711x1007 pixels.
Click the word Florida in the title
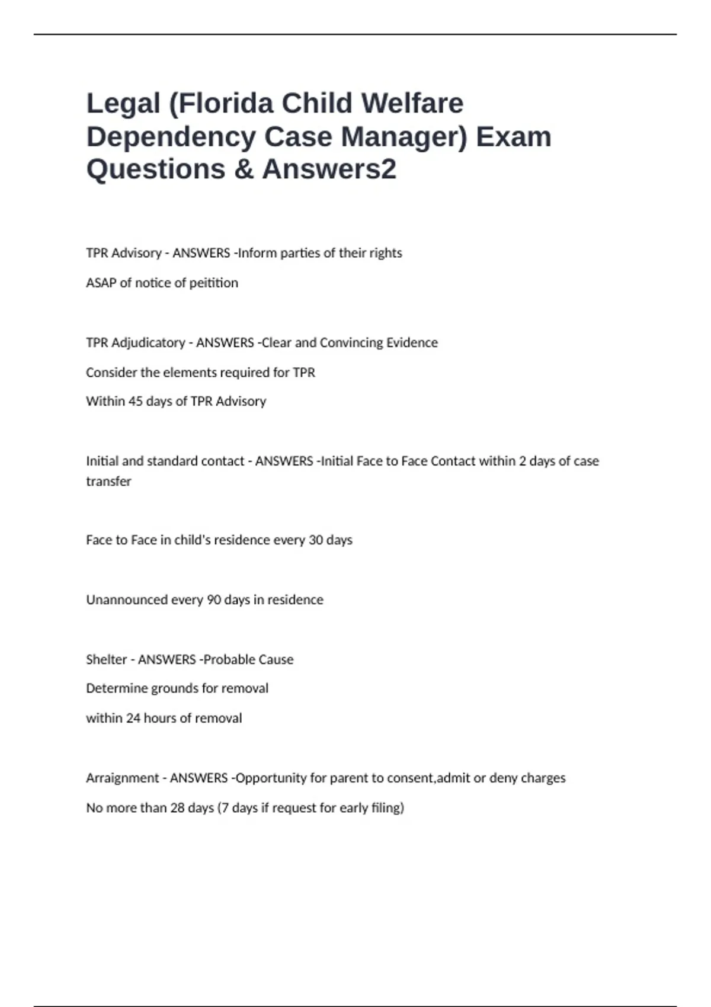tap(227, 104)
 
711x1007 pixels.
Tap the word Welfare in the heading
tap(412, 104)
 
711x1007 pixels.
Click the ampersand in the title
tap(244, 169)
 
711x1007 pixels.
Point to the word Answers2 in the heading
tap(329, 169)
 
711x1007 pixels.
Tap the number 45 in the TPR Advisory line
tap(135, 402)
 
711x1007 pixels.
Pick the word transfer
tap(108, 482)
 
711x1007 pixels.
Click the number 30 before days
tap(316, 540)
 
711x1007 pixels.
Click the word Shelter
tap(106, 660)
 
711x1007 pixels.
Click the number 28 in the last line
tap(177, 808)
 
